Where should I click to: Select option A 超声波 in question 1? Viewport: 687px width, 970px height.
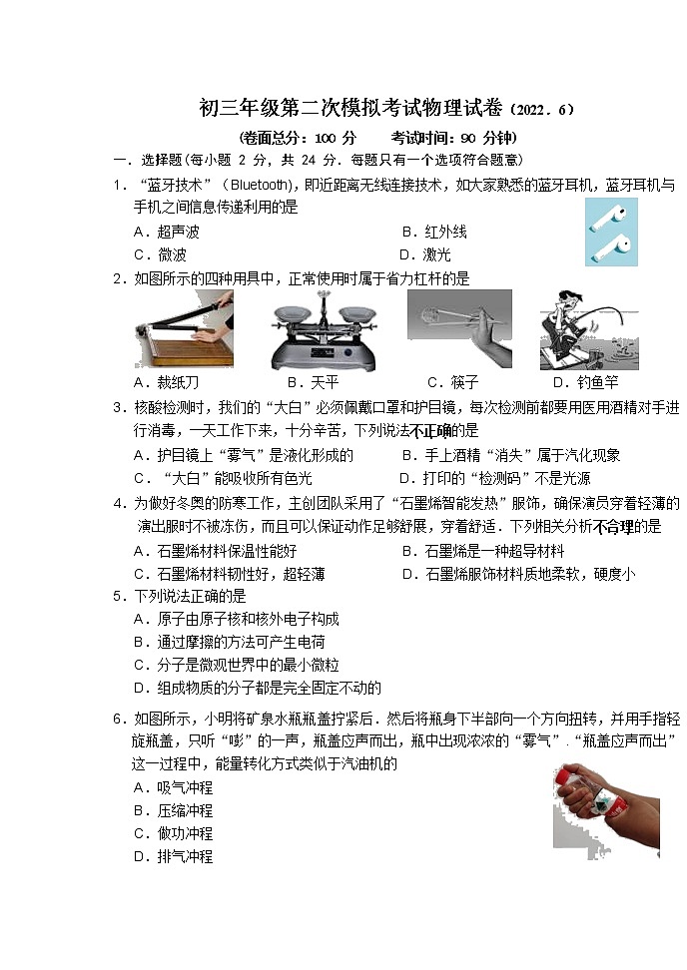coord(166,232)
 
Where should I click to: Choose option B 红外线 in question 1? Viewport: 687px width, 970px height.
coord(433,232)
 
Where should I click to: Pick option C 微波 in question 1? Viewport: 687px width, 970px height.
coord(159,254)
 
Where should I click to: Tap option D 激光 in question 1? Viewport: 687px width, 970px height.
coord(425,254)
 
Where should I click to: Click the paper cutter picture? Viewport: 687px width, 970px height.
coord(185,329)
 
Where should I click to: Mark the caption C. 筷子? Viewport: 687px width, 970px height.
coord(452,382)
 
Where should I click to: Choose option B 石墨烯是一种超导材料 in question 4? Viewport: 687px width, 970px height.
coord(482,551)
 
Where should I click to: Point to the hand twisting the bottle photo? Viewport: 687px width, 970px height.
coord(606,808)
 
